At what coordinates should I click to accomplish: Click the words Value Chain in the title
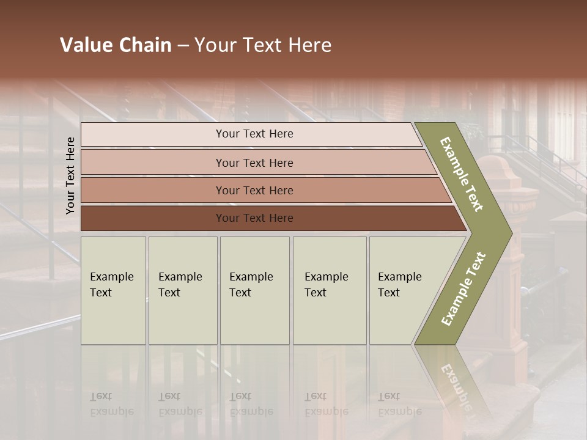point(116,45)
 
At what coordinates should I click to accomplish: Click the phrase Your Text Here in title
point(263,45)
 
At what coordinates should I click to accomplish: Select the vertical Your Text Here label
point(70,175)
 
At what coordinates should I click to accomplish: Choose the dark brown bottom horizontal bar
point(153,218)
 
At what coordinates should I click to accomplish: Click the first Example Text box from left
point(113,291)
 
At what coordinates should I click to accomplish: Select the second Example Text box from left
point(182,291)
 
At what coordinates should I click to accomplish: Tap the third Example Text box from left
point(254,291)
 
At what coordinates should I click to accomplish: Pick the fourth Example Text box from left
point(330,291)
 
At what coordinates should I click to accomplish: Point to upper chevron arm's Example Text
point(462,174)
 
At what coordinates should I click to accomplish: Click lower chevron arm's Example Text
point(463,288)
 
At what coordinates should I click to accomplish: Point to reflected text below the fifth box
point(399,404)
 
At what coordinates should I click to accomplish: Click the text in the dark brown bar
point(254,218)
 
